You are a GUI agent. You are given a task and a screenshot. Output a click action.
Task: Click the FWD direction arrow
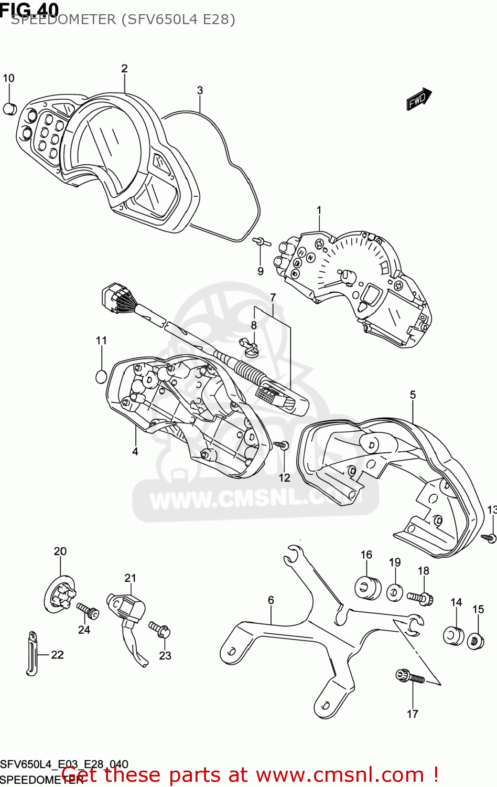[x=419, y=99]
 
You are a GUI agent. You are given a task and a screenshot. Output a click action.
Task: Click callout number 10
[x=8, y=78]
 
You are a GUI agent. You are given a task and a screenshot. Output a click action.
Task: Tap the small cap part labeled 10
[x=10, y=109]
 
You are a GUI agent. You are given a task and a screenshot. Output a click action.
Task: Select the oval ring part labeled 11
[x=101, y=376]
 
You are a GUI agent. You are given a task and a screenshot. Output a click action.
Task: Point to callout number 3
[x=200, y=90]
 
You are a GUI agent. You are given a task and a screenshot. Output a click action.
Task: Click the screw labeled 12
[x=282, y=445]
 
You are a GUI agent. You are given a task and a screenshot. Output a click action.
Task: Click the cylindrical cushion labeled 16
[x=368, y=588]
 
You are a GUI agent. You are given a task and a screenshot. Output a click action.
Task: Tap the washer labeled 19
[x=395, y=593]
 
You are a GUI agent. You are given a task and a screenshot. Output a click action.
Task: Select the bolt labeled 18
[x=420, y=598]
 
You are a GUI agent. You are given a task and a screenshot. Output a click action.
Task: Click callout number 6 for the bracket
[x=271, y=600]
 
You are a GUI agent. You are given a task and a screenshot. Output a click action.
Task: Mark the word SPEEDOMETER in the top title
[x=63, y=19]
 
